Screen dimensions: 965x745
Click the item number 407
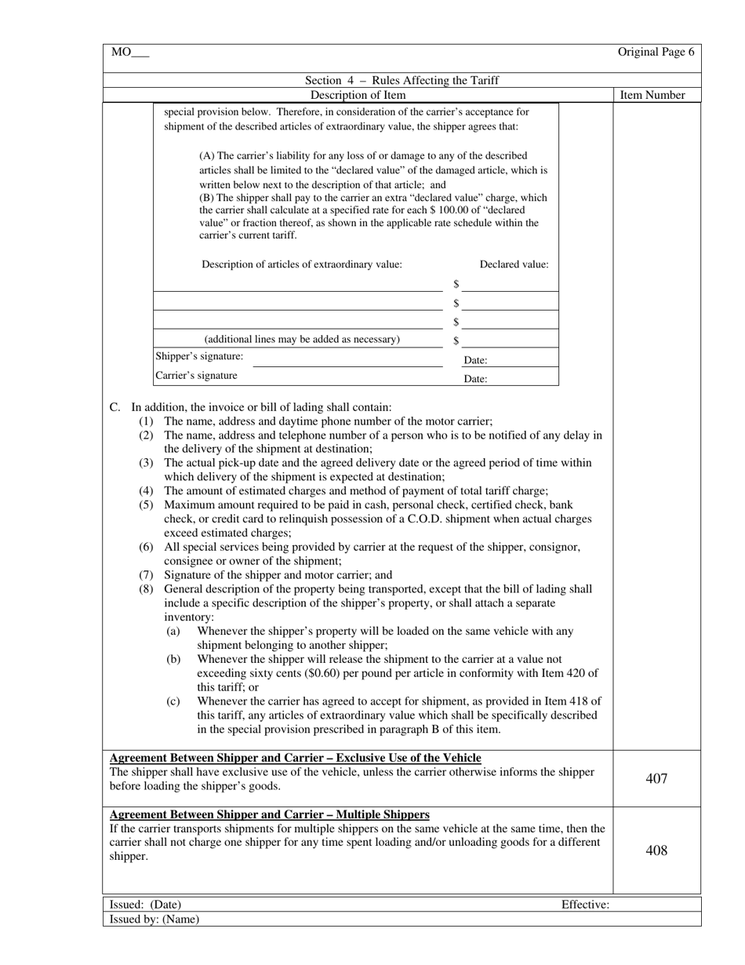656,778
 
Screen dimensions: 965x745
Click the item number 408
656,850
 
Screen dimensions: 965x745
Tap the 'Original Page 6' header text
656,53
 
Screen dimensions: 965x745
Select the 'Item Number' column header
652,95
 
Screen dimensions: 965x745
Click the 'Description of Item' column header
358,95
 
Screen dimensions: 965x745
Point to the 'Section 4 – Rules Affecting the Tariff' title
402,80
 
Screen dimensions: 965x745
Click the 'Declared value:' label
514,264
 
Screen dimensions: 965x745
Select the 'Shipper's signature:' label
199,356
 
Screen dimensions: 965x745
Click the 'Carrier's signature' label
196,375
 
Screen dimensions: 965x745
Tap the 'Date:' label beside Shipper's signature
475,360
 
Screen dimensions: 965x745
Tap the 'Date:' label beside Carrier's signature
475,378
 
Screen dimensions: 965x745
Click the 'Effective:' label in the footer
585,905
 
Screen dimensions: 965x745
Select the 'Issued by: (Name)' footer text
154,919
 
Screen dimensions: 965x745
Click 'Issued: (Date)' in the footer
145,905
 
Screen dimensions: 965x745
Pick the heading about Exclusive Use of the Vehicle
295,757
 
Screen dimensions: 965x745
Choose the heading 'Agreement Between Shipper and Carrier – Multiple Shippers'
269,814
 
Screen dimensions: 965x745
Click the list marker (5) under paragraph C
147,504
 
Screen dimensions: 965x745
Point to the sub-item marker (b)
173,660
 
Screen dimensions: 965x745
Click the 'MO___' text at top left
129,53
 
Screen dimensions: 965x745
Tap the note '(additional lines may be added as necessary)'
302,339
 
